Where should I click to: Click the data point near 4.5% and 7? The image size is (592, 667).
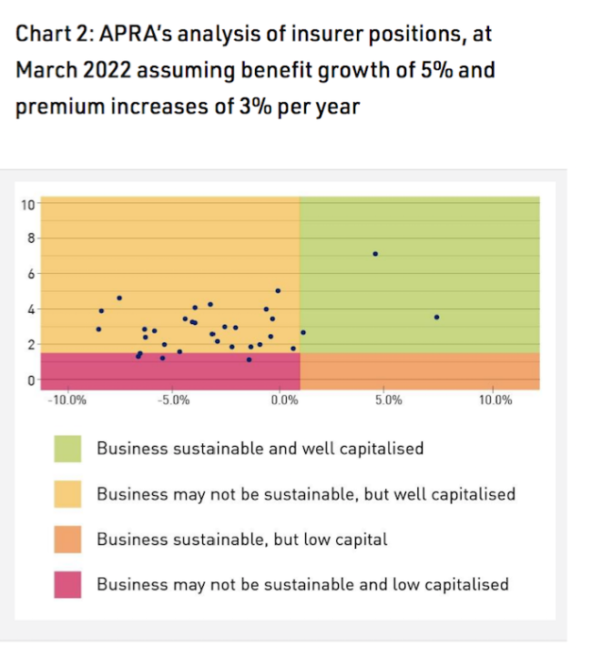click(375, 254)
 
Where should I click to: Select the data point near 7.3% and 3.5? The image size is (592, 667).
click(437, 317)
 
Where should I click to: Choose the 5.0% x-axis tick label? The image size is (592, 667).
click(388, 399)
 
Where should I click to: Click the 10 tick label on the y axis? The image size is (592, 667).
click(26, 204)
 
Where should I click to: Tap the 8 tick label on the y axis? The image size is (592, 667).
click(29, 238)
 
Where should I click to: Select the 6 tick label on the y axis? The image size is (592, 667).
click(29, 274)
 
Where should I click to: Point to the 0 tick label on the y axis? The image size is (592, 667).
click(29, 379)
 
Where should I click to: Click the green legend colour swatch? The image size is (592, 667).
click(66, 449)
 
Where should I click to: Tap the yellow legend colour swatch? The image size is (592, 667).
click(66, 494)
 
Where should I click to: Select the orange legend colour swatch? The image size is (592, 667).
click(66, 540)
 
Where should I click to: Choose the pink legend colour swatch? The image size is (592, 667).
click(66, 584)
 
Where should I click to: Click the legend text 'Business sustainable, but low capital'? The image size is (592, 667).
click(241, 540)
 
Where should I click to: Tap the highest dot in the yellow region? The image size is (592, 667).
click(278, 291)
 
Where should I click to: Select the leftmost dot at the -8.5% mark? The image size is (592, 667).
click(98, 328)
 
